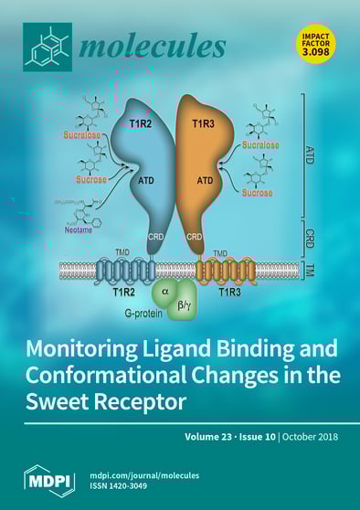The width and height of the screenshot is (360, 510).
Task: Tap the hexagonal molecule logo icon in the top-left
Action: (x=48, y=45)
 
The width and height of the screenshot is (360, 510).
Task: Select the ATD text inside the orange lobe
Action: (x=205, y=180)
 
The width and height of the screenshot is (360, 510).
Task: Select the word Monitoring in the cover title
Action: (x=88, y=351)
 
